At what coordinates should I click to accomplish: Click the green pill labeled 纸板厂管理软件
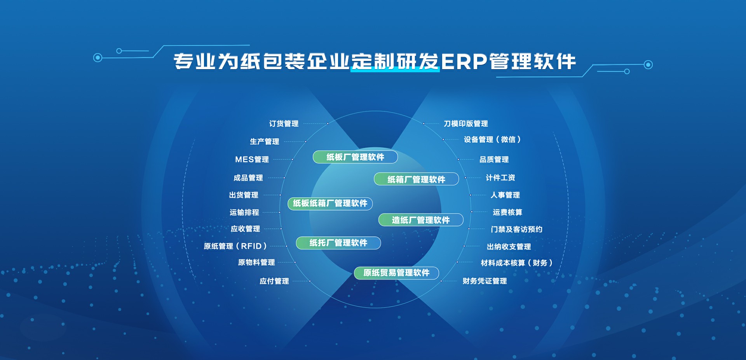[x=355, y=157]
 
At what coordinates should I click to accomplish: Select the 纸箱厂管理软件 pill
[x=416, y=179]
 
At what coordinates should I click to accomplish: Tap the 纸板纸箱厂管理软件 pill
[x=330, y=203]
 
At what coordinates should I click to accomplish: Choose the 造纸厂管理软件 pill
[x=421, y=220]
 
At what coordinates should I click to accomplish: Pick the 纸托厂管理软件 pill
[x=338, y=243]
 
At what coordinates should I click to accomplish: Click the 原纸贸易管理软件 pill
[x=396, y=273]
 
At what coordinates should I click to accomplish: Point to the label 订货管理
[x=284, y=123]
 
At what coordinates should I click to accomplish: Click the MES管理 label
[x=252, y=159]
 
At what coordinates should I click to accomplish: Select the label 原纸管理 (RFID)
[x=235, y=246]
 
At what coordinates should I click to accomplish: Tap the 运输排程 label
[x=244, y=212]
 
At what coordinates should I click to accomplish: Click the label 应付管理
[x=274, y=281]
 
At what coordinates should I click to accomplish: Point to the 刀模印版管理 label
[x=466, y=123]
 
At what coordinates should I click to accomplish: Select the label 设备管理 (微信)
[x=492, y=139]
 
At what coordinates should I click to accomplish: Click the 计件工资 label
[x=500, y=177]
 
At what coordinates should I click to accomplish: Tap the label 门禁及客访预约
[x=517, y=229]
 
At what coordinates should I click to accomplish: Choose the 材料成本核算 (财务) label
[x=517, y=263]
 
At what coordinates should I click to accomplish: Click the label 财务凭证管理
[x=485, y=281]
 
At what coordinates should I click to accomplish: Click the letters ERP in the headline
[x=464, y=61]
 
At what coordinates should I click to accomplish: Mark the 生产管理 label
[x=265, y=141]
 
